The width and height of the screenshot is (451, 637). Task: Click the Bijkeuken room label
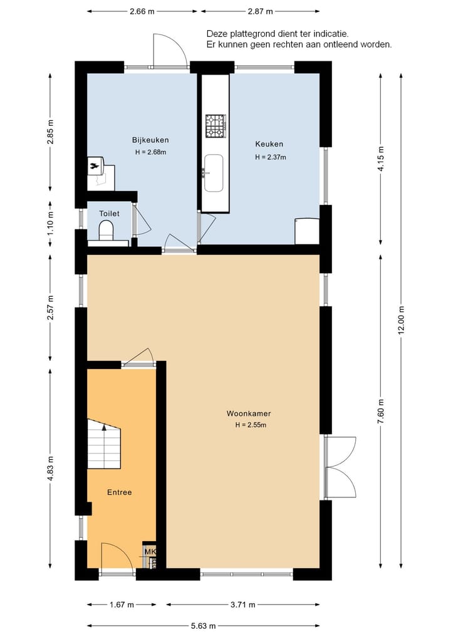150,140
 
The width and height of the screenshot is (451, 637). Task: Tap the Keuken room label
269,144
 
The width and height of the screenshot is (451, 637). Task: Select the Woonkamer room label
249,413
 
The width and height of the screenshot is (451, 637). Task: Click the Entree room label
119,492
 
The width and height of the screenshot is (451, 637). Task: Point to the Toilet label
109,214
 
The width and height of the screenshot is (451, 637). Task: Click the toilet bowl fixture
106,230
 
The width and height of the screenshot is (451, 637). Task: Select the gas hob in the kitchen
215,126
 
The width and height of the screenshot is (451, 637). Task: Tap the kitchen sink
214,172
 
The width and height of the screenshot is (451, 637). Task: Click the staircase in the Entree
103,444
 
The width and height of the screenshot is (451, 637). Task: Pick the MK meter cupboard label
150,551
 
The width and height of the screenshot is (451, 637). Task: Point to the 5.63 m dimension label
203,625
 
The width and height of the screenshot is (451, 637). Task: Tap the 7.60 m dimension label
380,412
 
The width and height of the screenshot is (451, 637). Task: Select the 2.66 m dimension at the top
142,11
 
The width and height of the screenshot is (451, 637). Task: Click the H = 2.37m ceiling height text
270,157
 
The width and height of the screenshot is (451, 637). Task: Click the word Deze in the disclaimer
217,33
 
